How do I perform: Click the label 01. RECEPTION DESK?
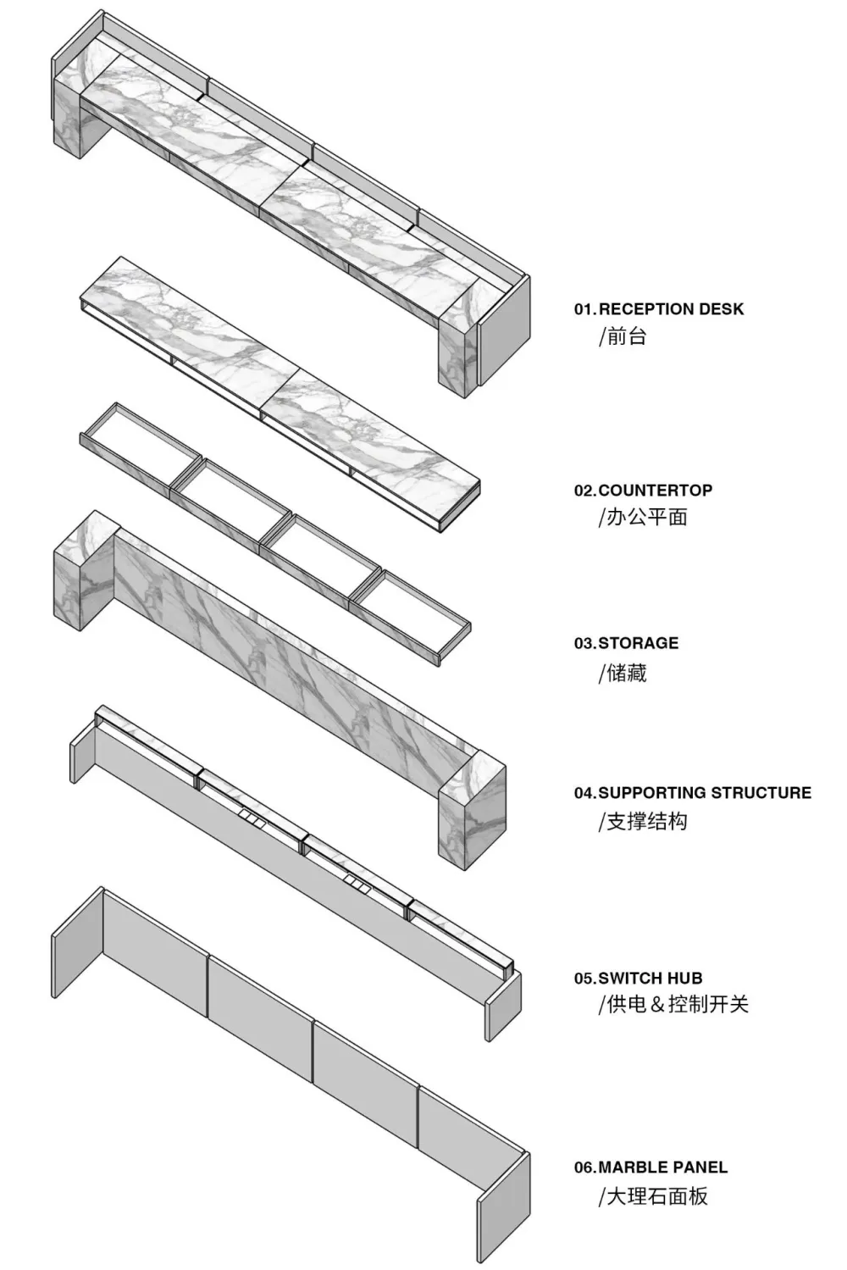tap(658, 309)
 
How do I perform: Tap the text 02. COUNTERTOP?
tap(643, 490)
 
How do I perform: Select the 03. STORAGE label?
tap(626, 643)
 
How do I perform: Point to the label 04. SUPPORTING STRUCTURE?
tap(692, 793)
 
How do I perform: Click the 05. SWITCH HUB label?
tap(638, 978)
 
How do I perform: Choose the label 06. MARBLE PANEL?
tap(650, 1167)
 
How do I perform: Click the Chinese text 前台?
tap(627, 337)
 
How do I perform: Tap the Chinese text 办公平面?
tap(647, 517)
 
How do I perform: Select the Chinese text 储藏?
tap(627, 673)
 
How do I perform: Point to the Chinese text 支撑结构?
tap(647, 821)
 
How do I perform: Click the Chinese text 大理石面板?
tap(657, 1197)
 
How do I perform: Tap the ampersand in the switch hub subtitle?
tap(657, 1005)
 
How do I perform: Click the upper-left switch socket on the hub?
tap(249, 816)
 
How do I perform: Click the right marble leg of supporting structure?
tap(472, 810)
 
